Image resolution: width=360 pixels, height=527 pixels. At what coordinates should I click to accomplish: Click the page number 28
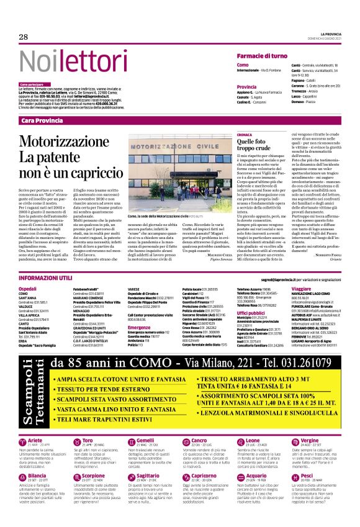[24, 37]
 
